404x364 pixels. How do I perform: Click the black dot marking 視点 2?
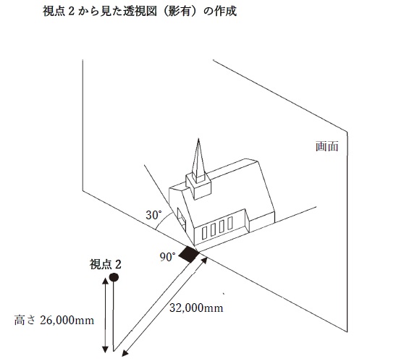114,277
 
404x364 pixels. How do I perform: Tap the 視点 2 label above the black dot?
105,264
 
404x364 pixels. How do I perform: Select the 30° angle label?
153,216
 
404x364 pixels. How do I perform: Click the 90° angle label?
167,257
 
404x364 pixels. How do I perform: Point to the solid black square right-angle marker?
189,254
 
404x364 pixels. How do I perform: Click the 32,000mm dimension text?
196,308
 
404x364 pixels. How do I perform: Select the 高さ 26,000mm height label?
54,321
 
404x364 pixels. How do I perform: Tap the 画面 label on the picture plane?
327,146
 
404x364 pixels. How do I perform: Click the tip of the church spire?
198,139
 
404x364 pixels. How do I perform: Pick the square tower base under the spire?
198,186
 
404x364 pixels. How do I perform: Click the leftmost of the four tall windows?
205,233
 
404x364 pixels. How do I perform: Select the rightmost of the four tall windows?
230,223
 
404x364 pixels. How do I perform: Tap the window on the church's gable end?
182,219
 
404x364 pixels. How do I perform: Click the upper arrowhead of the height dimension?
105,281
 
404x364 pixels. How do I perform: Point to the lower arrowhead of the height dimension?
105,349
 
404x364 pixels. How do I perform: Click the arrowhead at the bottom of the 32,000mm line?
125,353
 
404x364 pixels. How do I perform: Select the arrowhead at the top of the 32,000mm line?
205,261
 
